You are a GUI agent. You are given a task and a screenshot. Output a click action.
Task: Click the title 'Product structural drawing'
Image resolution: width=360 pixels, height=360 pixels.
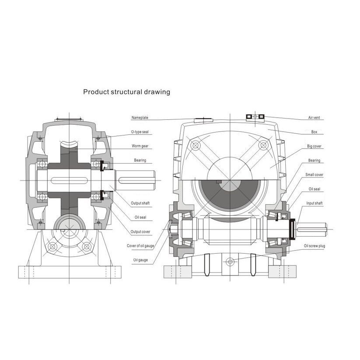tap(126, 92)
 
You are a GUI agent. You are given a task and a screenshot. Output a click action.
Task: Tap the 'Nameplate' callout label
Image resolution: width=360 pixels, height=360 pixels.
tap(140, 118)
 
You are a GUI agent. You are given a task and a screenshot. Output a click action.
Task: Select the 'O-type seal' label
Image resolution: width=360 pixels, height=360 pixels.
tap(140, 132)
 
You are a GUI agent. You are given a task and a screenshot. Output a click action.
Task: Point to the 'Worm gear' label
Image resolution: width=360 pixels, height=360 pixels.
tap(140, 146)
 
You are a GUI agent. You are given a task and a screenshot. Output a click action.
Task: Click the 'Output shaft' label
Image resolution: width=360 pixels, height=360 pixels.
tap(140, 203)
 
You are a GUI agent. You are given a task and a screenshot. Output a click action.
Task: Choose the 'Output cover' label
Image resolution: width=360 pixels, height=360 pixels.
tap(140, 232)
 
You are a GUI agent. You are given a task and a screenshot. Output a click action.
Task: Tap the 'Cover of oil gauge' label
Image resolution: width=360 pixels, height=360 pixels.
tap(140, 246)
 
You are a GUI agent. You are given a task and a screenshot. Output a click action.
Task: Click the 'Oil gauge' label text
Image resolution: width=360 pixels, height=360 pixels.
tap(140, 260)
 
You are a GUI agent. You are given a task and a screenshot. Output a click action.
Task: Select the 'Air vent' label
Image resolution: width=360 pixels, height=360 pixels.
tap(314, 118)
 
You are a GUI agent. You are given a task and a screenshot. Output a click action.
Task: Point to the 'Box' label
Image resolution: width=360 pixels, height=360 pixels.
tap(314, 132)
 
